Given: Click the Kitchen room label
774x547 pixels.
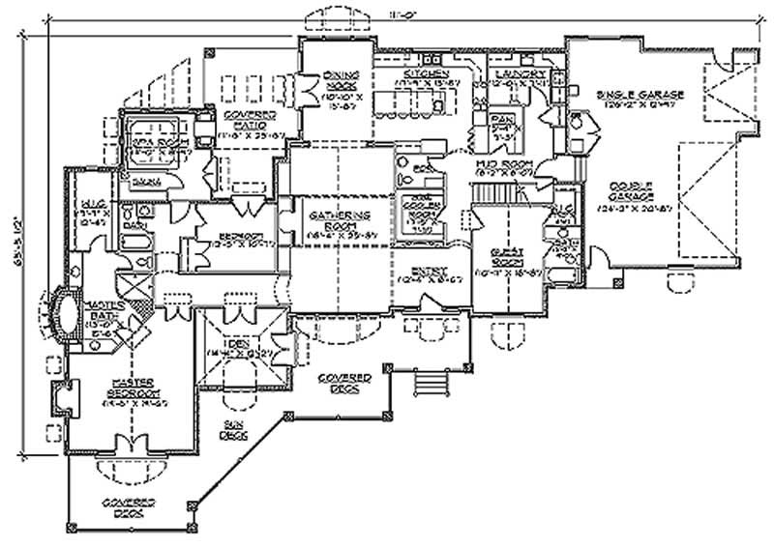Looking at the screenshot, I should tap(426, 73).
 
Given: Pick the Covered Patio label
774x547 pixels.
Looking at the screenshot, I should tap(246, 118).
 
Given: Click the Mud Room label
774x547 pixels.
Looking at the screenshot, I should tap(500, 166).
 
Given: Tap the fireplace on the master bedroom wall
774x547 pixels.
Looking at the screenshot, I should tap(60, 395).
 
